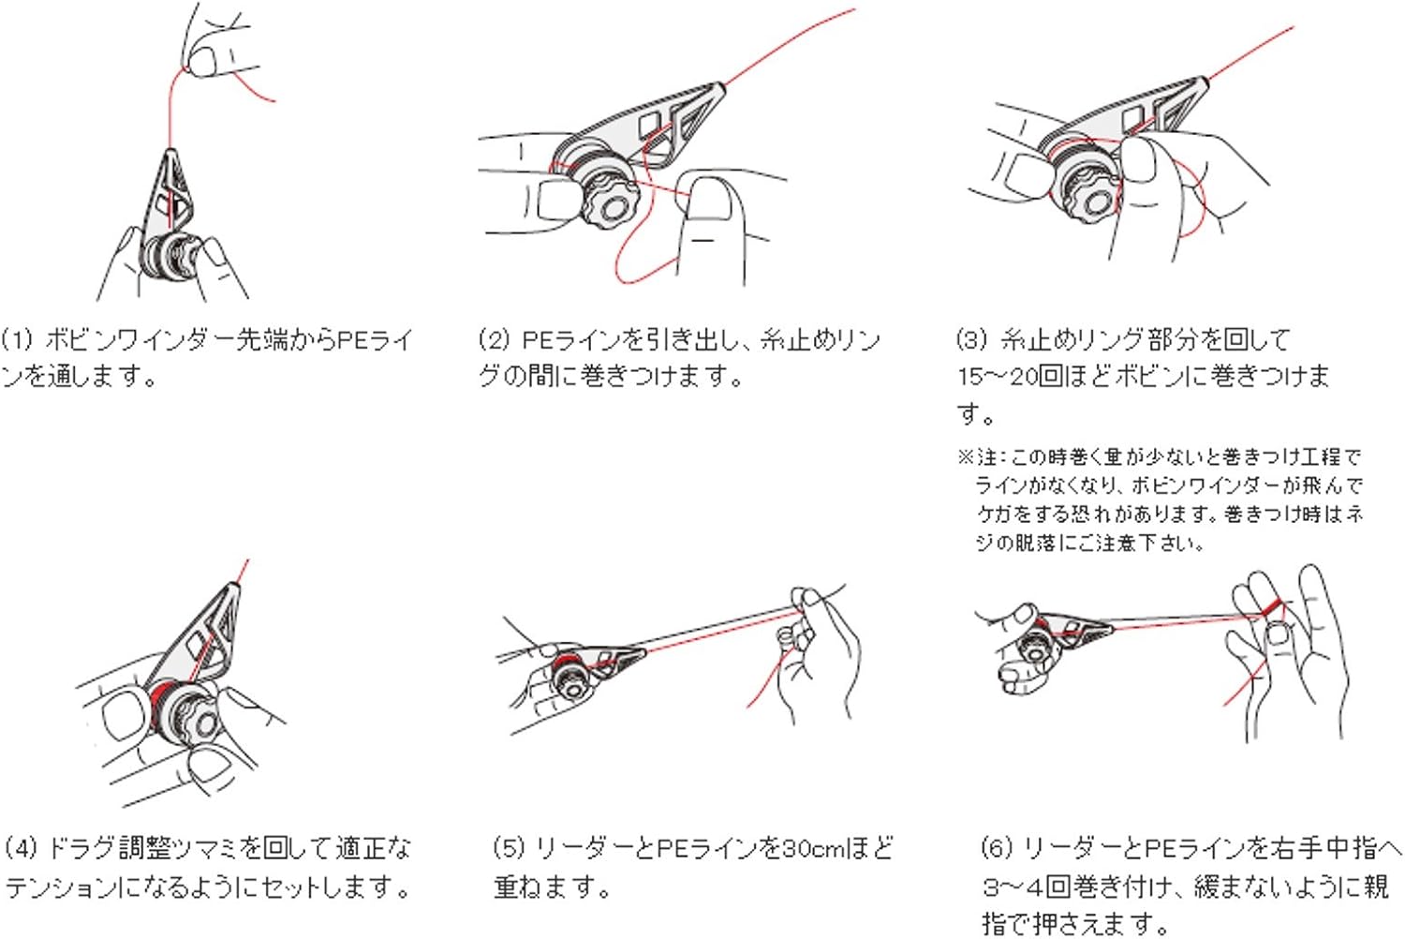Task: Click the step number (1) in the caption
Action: coord(17,339)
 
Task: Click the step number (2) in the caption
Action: coord(494,339)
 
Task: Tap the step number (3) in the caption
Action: coord(972,339)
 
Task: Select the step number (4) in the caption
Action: coord(21,849)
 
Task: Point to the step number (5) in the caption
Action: coord(509,849)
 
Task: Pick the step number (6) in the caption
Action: coord(997,849)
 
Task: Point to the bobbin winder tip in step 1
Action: coord(170,154)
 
